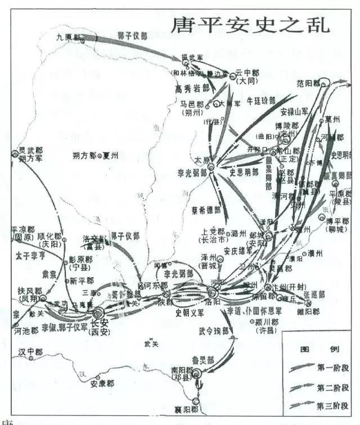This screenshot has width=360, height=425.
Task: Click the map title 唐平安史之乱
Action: pos(250,25)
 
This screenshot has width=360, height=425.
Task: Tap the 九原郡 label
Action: pos(70,38)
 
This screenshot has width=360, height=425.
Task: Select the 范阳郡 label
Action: pos(308,83)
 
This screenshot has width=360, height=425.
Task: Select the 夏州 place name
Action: pos(109,156)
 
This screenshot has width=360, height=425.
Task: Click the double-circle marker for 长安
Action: pos(99,314)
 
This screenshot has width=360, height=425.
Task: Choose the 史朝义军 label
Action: pos(191,313)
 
